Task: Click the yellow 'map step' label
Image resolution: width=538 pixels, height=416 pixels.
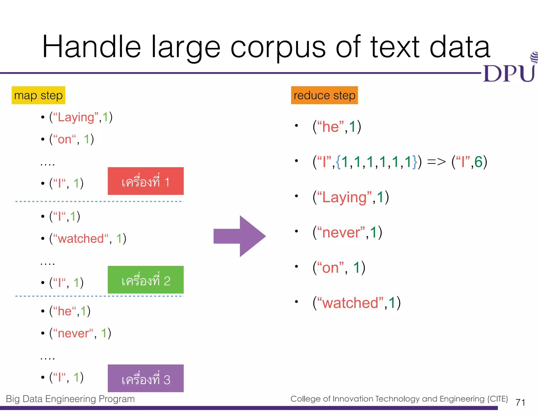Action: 38,95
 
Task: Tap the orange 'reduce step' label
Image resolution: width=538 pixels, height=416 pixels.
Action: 324,95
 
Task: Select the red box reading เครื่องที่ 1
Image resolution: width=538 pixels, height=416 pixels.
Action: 146,181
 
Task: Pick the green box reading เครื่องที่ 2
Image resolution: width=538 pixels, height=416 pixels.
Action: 146,280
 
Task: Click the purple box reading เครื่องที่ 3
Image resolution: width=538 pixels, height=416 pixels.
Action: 146,378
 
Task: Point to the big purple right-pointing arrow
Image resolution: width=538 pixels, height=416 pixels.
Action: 240,236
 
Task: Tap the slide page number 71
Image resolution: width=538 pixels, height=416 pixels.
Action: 520,402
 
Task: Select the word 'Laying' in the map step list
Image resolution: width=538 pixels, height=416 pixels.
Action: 76,118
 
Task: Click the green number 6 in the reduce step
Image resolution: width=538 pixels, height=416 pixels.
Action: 478,162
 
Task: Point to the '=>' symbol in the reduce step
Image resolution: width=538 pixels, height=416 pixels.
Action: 436,162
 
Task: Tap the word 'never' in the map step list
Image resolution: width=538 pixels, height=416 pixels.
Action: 73,333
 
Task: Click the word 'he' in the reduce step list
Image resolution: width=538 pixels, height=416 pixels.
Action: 330,127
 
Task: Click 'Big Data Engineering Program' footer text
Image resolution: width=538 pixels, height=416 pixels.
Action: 70,399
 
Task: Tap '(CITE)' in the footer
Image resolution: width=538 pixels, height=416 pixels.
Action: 498,399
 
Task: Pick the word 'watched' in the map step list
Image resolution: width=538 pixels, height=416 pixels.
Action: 81,239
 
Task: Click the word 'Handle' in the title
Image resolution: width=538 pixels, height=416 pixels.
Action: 92,47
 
